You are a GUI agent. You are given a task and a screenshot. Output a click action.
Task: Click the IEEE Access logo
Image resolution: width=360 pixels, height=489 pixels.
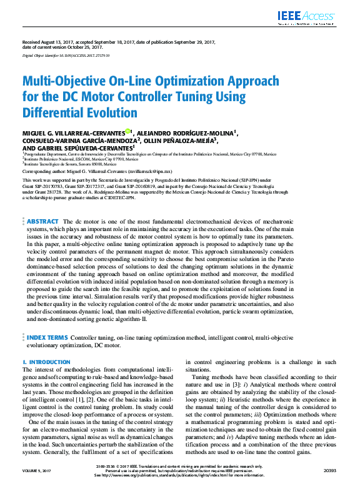(316, 17)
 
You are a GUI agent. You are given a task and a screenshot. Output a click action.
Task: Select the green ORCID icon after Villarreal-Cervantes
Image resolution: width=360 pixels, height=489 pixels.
(127, 132)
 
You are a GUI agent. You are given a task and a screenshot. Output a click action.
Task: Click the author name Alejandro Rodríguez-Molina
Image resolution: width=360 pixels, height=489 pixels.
(184, 132)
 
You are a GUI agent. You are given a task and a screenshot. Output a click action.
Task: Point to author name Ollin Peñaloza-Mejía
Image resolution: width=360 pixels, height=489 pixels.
(182, 141)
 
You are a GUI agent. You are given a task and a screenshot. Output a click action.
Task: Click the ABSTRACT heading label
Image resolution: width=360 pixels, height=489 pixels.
(42, 222)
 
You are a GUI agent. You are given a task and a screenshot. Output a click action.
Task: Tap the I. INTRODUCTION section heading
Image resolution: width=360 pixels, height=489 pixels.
(46, 362)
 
